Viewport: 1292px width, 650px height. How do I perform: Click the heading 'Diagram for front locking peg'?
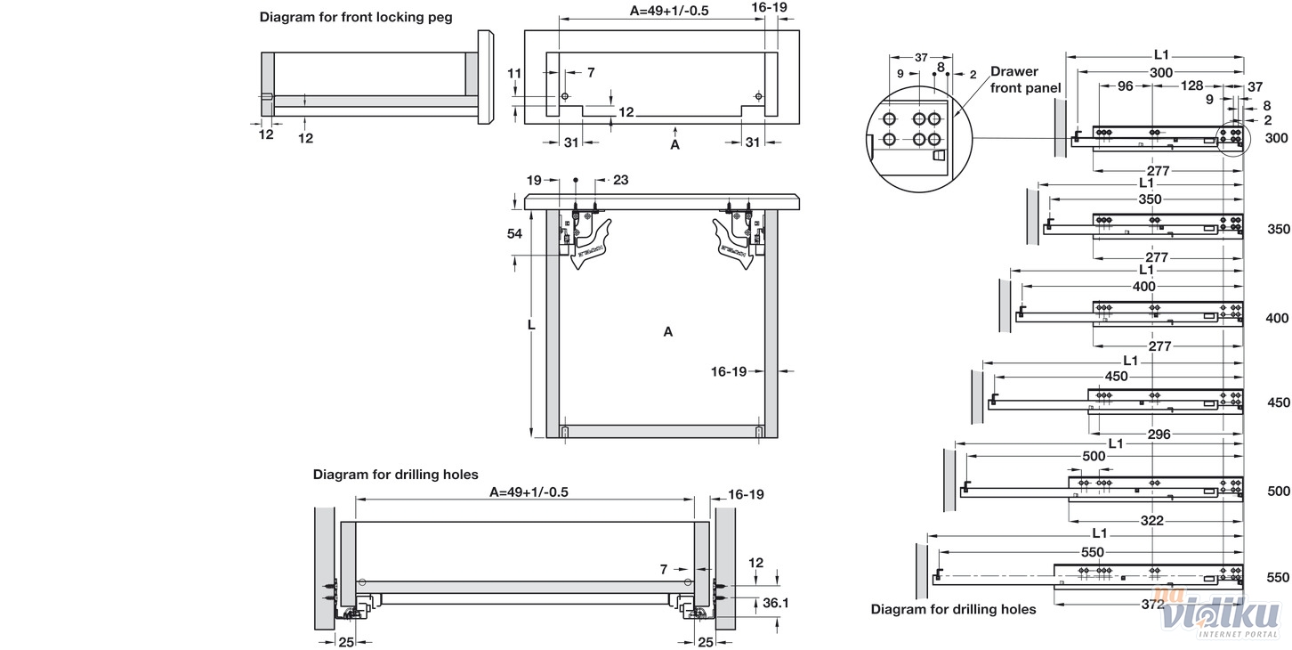pyautogui.click(x=356, y=17)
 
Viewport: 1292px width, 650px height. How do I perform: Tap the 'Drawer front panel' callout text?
pyautogui.click(x=1026, y=79)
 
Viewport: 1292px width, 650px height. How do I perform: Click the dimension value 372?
pyautogui.click(x=1152, y=604)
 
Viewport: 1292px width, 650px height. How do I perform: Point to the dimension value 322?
pyautogui.click(x=1151, y=520)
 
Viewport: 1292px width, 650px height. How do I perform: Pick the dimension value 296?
pyautogui.click(x=1159, y=435)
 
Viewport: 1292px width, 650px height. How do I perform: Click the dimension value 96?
pyautogui.click(x=1125, y=86)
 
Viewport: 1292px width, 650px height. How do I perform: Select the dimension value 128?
pyautogui.click(x=1191, y=86)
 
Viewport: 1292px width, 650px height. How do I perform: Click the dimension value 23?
pyautogui.click(x=620, y=180)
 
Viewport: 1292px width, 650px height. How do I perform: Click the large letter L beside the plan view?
pyautogui.click(x=530, y=325)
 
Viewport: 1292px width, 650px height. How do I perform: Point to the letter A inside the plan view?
pyautogui.click(x=667, y=332)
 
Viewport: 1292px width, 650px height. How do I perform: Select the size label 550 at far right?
pyautogui.click(x=1278, y=578)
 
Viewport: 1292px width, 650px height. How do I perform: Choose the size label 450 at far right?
pyautogui.click(x=1278, y=402)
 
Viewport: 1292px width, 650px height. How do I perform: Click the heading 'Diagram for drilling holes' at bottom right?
pyautogui.click(x=953, y=609)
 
